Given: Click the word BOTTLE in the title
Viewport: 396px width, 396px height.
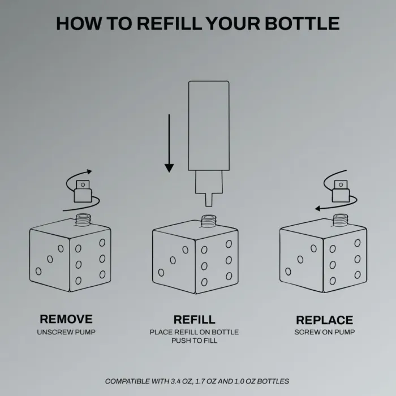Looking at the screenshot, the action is (302, 24).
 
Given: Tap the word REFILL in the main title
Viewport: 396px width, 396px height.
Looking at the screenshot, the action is (170, 24).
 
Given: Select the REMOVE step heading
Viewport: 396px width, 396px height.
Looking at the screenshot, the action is (66, 319).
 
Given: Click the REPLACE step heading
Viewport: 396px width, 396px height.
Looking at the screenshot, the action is (325, 320).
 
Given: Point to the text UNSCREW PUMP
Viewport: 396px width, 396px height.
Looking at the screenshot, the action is (66, 332).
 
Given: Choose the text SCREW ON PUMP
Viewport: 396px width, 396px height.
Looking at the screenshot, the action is (325, 332).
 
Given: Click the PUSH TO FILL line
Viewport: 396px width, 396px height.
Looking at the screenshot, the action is (194, 341).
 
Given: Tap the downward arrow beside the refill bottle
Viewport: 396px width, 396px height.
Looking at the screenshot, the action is (169, 143).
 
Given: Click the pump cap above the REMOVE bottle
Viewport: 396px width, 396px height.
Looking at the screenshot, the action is (83, 191).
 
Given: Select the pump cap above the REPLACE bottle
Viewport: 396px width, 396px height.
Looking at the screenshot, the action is (341, 191).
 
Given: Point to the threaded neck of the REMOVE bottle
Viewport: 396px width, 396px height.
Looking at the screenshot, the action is (83, 219).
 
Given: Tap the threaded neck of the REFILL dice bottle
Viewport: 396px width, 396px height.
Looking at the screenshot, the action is (208, 221).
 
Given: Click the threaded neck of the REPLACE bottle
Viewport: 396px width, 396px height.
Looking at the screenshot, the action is (340, 219).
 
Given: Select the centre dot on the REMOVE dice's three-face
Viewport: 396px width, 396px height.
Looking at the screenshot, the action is (50, 259).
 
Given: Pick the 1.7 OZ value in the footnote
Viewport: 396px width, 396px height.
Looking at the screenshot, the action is (205, 381).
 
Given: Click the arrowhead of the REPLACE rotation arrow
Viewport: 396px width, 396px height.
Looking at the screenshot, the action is (317, 209).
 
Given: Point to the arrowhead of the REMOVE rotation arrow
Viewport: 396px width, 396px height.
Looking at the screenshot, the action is (89, 172).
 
